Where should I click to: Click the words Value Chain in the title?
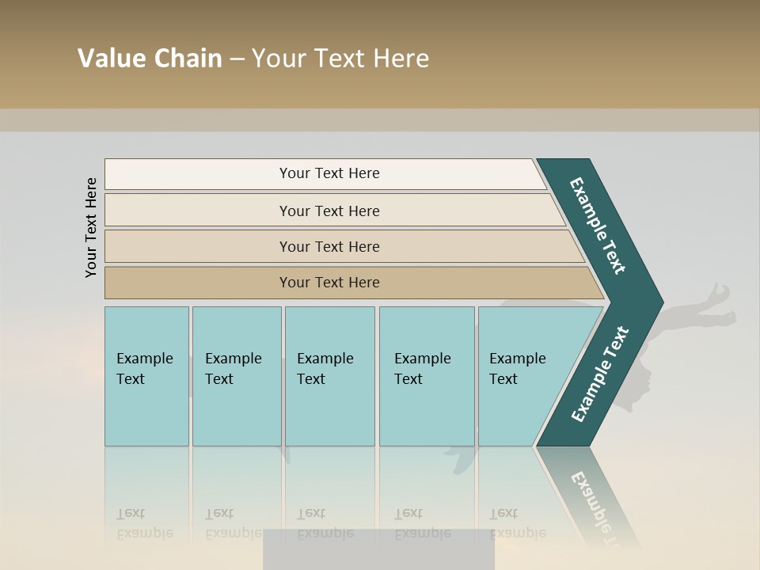coord(150,59)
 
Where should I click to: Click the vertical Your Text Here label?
coord(91,227)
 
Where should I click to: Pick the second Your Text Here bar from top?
coord(329,211)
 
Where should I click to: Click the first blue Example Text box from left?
coord(146,376)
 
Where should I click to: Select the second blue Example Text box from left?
coord(237,376)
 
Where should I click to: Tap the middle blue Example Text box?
coord(329,376)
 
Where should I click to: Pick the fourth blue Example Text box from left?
coord(427,376)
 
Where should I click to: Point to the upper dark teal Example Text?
coord(598,226)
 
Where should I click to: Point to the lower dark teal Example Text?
coord(599,374)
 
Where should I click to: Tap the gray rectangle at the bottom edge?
coord(378,549)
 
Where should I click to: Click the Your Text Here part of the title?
coord(340,59)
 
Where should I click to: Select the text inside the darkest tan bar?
coord(329,283)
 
